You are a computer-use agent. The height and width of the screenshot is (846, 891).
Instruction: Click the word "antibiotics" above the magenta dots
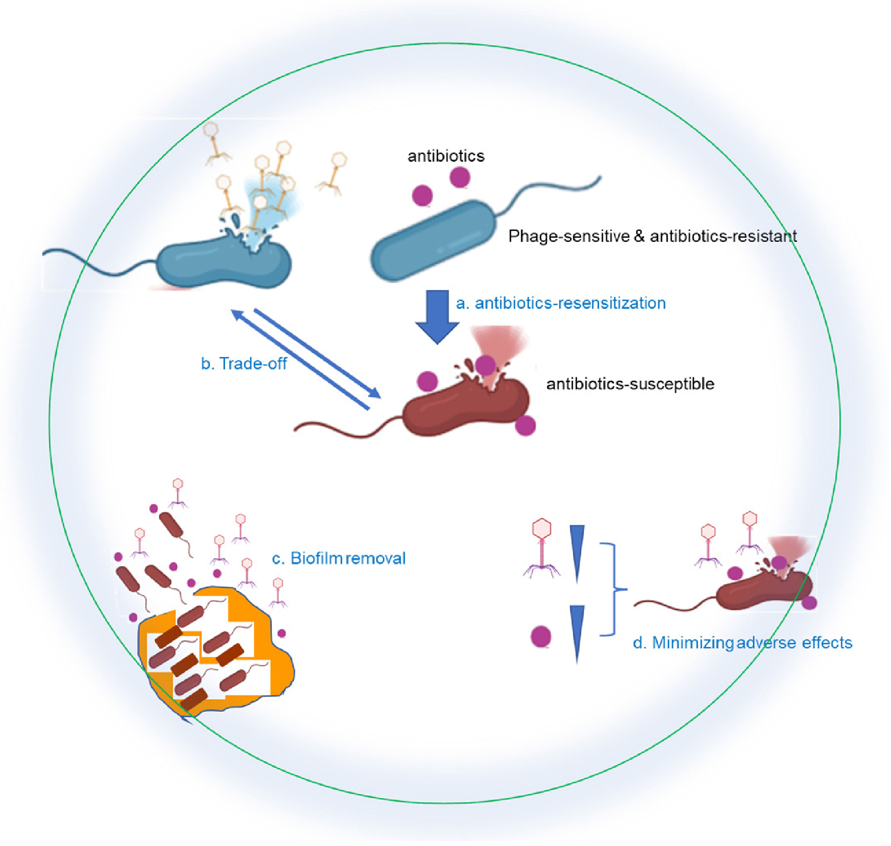(446, 156)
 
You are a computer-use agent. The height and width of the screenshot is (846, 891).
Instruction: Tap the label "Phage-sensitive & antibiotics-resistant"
(652, 236)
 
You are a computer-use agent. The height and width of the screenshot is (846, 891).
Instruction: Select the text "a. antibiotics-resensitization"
(561, 303)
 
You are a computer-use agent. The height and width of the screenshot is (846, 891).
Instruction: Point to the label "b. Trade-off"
(244, 364)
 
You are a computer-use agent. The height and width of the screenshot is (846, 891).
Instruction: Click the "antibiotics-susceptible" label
(630, 384)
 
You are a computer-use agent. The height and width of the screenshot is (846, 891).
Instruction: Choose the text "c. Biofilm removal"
(339, 558)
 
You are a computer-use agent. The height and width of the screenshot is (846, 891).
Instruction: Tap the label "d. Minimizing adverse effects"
(742, 643)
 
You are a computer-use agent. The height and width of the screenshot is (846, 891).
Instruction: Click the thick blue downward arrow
(437, 316)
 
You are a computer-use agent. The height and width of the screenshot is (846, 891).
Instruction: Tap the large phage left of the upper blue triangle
(542, 548)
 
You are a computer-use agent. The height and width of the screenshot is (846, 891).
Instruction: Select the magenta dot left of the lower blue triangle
(541, 637)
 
